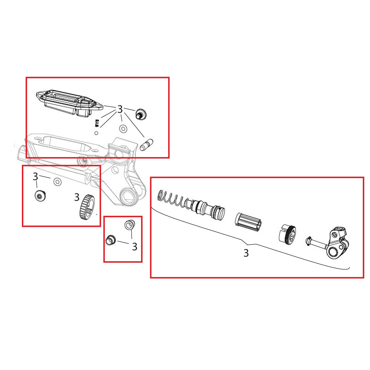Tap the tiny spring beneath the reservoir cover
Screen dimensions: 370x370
click(x=97, y=123)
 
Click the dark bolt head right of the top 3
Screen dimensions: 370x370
click(x=141, y=114)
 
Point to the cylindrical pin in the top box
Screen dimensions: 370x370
click(x=147, y=144)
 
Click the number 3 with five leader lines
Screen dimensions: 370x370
click(x=120, y=109)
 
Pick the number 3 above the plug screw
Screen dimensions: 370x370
click(x=35, y=176)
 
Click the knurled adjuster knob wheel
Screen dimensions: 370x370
click(x=86, y=207)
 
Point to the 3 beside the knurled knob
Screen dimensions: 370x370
click(x=77, y=197)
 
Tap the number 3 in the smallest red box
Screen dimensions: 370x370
click(x=134, y=247)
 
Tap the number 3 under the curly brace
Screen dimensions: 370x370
click(x=246, y=253)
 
